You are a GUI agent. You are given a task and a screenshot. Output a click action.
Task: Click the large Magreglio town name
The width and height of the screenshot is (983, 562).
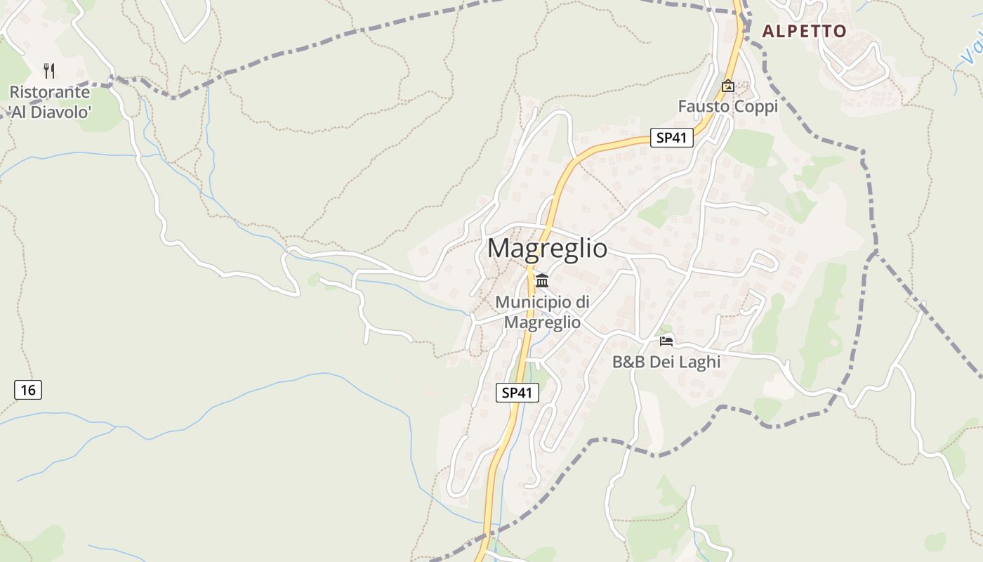(x=547, y=249)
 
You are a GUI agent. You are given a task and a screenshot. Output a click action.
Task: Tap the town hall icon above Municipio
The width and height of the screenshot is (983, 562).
(x=542, y=281)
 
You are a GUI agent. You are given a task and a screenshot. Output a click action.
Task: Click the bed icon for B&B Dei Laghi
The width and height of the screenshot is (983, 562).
(x=666, y=341)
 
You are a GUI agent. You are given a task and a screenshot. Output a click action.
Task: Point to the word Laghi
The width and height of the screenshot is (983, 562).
(x=699, y=362)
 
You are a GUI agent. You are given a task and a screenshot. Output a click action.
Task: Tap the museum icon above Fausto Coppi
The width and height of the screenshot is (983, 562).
(x=728, y=86)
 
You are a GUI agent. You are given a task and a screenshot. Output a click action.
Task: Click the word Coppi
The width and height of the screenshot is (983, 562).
(x=755, y=107)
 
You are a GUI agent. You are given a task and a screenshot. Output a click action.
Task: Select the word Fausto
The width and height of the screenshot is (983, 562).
(x=704, y=107)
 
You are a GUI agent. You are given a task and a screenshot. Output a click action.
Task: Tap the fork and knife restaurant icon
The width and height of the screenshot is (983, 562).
(x=49, y=70)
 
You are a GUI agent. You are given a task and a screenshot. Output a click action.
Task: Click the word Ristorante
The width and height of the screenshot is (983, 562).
(x=50, y=92)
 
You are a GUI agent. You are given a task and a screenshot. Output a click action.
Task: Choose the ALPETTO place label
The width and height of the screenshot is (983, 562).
(x=805, y=31)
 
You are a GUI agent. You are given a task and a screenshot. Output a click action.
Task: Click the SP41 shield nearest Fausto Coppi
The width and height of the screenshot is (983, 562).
(x=671, y=138)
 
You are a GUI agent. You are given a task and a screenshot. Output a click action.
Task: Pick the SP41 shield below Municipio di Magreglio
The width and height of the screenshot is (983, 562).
(x=517, y=393)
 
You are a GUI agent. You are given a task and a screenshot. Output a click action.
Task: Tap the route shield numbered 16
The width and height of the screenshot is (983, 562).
(x=28, y=389)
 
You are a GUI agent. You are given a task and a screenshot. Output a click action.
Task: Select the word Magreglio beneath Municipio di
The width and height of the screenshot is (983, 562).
(x=543, y=322)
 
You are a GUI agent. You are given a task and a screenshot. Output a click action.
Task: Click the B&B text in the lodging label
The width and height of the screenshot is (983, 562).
(x=629, y=362)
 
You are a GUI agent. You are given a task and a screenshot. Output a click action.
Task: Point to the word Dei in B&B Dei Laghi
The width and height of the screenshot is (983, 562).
(x=663, y=362)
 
